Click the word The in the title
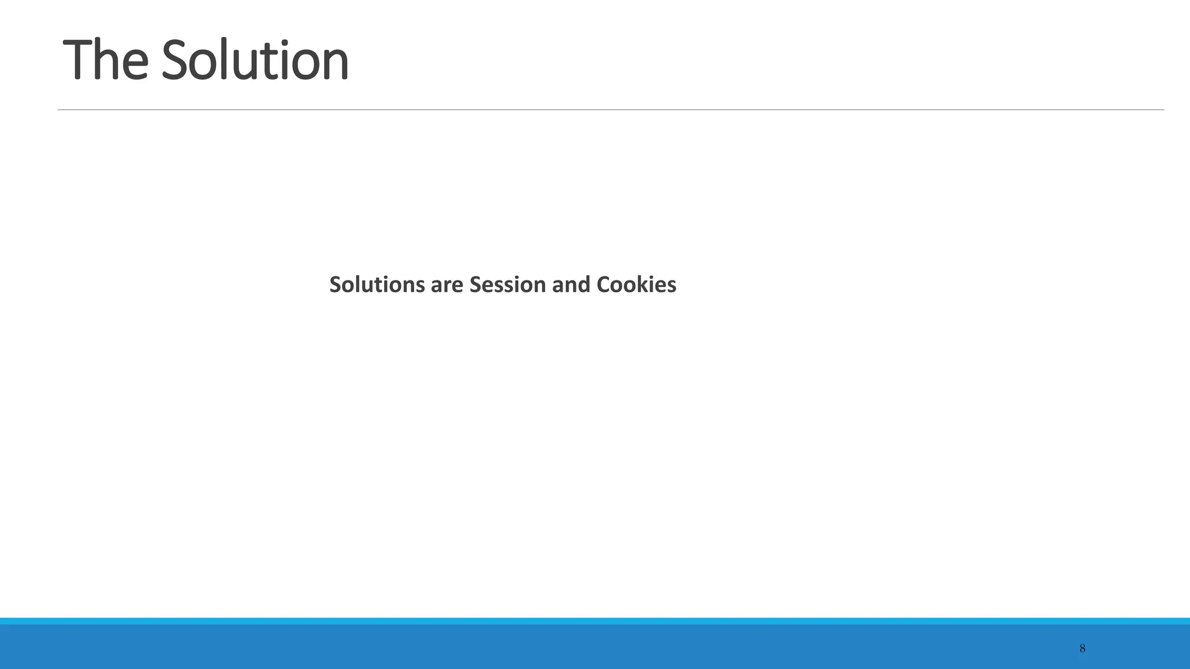coord(105,60)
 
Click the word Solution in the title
coord(255,60)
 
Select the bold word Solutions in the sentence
coord(377,285)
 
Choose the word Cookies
coord(636,285)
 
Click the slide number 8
coord(1082,649)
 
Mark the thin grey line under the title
coord(610,109)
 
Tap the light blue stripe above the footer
coord(595,621)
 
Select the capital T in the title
coord(77,60)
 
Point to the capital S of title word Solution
coord(176,60)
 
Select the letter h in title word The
coord(107,58)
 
